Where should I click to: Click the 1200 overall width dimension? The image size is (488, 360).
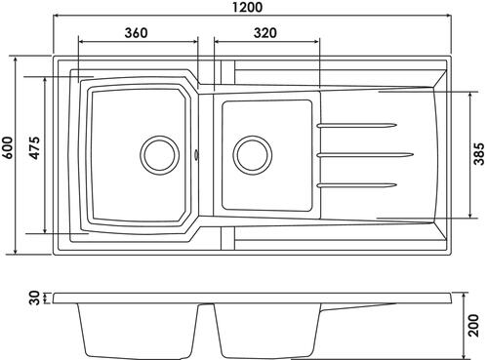(x=248, y=7)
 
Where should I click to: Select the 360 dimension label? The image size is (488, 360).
(x=137, y=33)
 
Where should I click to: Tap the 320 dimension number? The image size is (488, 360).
(x=265, y=33)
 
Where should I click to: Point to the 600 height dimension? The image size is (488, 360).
(x=7, y=148)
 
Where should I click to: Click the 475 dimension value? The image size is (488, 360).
(x=34, y=148)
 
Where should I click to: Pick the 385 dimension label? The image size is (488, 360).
(x=479, y=154)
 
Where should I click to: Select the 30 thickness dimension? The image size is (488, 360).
(x=35, y=298)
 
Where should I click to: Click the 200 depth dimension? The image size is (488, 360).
(x=473, y=325)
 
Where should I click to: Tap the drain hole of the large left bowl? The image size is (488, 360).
(x=160, y=155)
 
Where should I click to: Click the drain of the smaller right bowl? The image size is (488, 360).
(x=253, y=154)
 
